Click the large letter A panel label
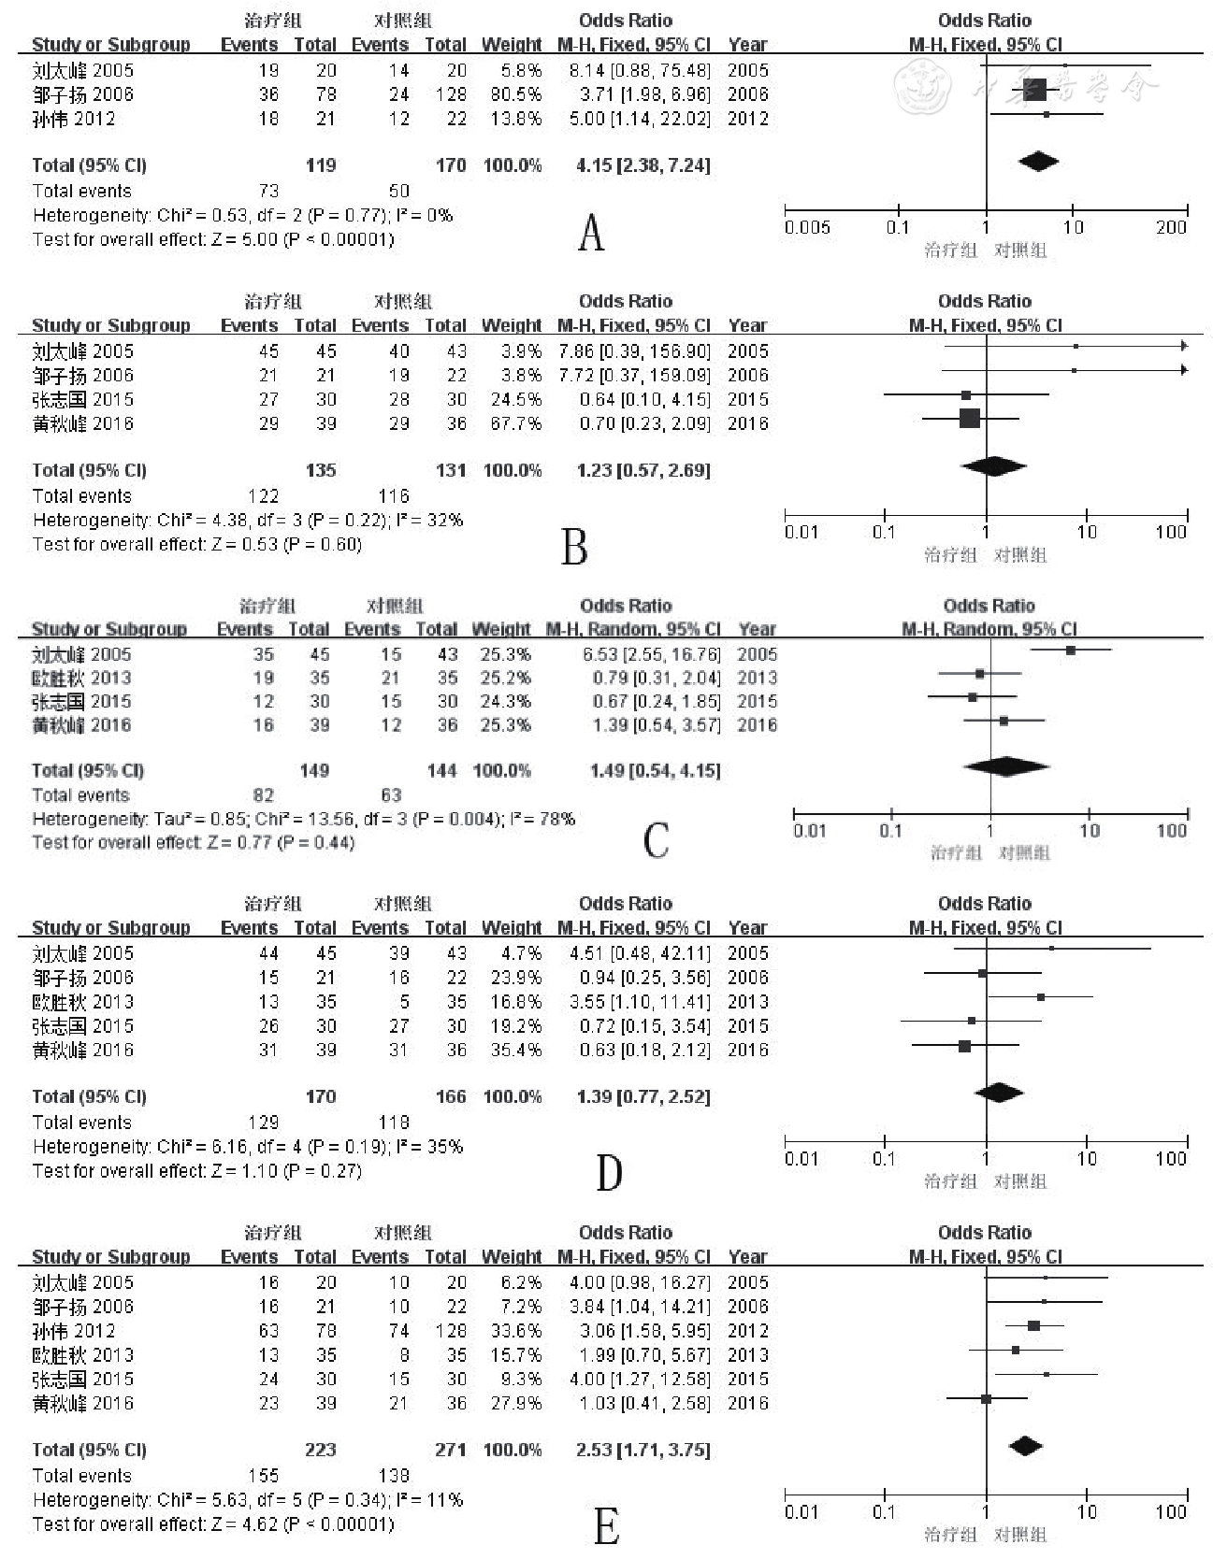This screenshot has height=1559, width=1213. (x=591, y=233)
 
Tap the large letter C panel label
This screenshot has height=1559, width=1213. (x=656, y=839)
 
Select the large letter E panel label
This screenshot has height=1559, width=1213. (x=606, y=1527)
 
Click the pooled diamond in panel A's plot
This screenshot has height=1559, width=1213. (x=1038, y=162)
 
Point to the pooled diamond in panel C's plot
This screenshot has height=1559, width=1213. (x=1006, y=766)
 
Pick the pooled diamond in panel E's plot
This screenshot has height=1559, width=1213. (x=1026, y=1446)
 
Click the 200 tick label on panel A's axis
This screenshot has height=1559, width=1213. (x=1171, y=227)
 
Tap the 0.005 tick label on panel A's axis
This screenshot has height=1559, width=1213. (x=807, y=227)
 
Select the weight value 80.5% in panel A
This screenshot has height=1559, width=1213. (x=512, y=94)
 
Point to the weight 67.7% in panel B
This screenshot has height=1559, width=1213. (x=512, y=423)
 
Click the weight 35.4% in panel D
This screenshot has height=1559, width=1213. (x=512, y=1050)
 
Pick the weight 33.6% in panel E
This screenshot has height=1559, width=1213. (x=512, y=1330)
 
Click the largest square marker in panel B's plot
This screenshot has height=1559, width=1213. (x=969, y=418)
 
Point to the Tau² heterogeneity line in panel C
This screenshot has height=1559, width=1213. (x=304, y=819)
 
